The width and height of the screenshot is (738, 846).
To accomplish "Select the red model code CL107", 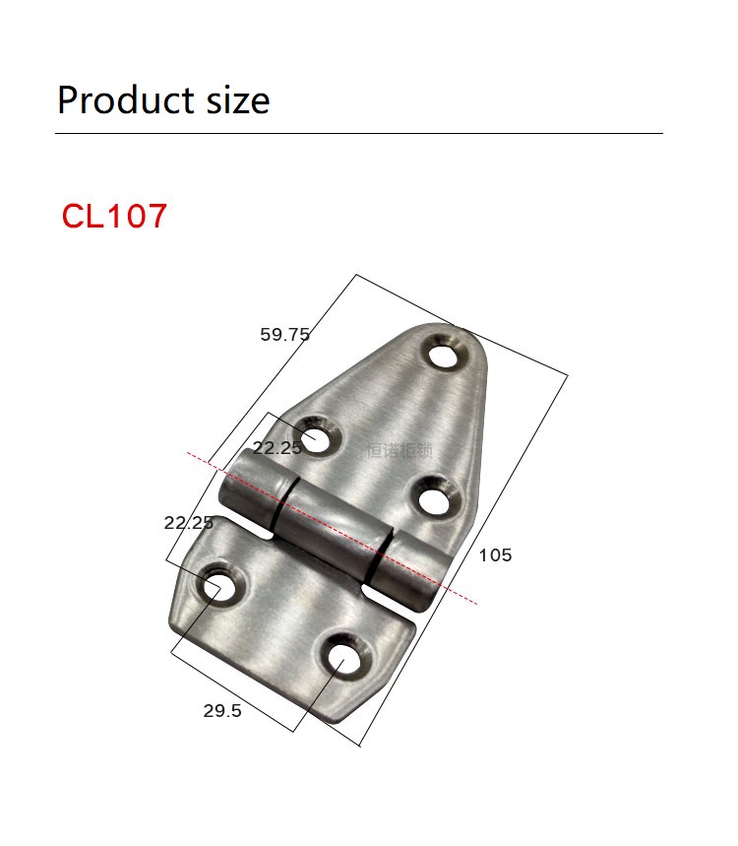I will coord(114,216).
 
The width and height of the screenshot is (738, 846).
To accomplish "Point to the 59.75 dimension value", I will coord(284,335).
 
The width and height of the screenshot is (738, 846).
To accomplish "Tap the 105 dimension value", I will coord(495,555).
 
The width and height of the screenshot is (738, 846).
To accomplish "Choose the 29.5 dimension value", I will coord(222,711).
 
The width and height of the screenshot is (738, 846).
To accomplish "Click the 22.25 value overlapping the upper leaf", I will coord(277,447).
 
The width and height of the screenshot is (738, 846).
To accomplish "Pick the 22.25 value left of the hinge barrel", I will coord(188,523).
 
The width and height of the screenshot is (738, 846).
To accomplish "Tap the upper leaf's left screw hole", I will coord(317,438).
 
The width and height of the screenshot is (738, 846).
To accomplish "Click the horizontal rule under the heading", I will coord(359,133).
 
